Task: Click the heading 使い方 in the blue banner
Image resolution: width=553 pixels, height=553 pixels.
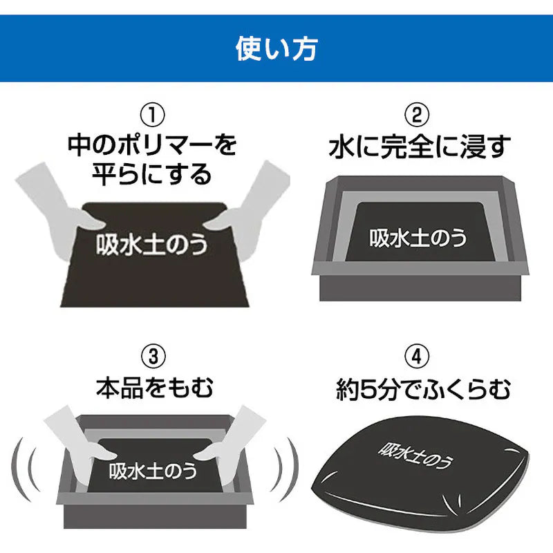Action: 276,49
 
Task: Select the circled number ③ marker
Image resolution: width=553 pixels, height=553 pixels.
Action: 153,357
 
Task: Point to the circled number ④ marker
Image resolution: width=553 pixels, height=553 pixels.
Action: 418,357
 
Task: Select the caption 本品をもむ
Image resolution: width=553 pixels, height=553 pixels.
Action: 154,388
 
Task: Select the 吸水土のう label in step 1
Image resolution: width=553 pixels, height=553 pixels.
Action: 151,243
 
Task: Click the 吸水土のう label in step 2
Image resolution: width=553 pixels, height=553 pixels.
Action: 418,237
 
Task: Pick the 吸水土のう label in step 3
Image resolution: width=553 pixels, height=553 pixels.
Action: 153,470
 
